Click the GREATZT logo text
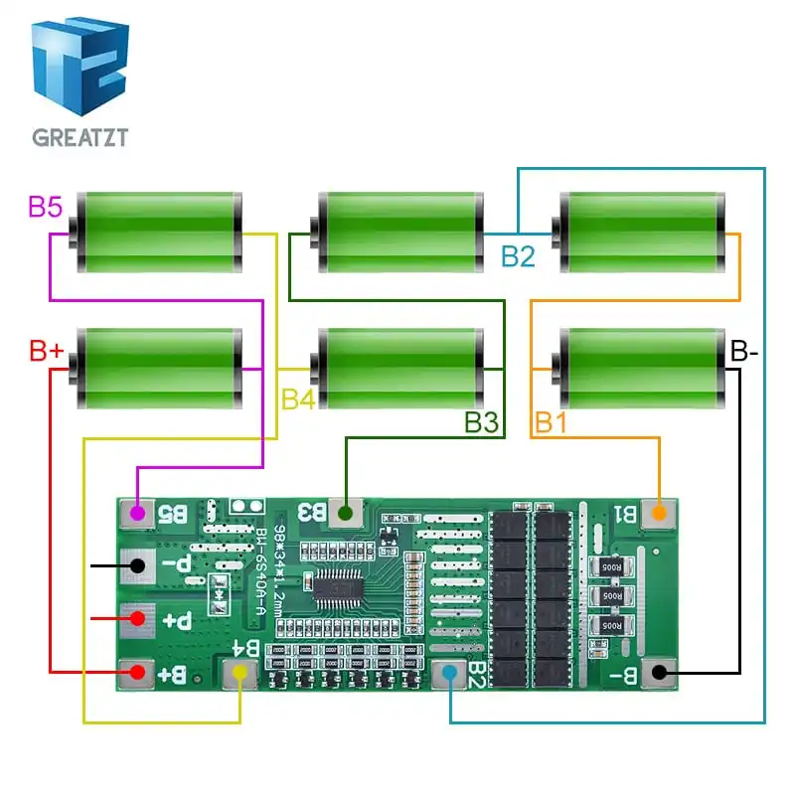[x=79, y=137]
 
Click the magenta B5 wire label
[x=45, y=208]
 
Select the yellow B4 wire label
[x=297, y=399]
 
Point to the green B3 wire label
[x=481, y=422]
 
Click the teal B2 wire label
[x=518, y=255]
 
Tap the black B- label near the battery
[x=744, y=351]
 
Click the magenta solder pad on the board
[x=139, y=514]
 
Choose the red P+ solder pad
[x=139, y=620]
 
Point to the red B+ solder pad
[x=139, y=675]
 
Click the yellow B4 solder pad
[x=239, y=675]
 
